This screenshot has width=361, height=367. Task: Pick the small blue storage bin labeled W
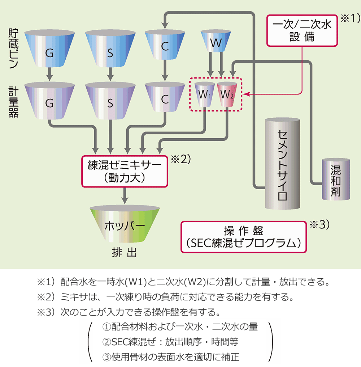click(x=216, y=42)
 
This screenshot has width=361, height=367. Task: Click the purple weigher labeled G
click(x=50, y=101)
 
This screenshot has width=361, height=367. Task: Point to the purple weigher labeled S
click(x=110, y=101)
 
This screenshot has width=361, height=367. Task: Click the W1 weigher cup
click(x=205, y=95)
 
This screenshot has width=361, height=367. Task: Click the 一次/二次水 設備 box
click(x=302, y=30)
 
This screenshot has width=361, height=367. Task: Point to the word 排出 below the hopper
click(x=125, y=253)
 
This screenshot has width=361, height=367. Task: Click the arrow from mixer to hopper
click(x=125, y=195)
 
